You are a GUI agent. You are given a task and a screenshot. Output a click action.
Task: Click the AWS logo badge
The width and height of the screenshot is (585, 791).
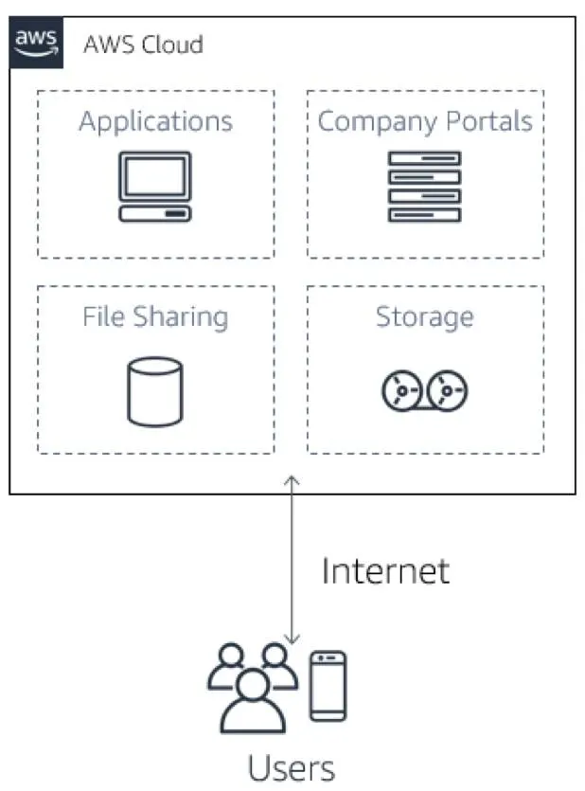[36, 43]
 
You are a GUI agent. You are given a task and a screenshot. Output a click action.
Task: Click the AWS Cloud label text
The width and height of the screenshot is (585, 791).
[143, 44]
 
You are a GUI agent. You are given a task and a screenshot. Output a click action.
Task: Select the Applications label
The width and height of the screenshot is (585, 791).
[155, 121]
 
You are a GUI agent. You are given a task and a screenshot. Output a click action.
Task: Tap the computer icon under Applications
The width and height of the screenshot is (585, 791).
[155, 187]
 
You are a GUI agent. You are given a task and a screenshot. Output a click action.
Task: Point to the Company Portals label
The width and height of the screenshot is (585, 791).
[425, 121]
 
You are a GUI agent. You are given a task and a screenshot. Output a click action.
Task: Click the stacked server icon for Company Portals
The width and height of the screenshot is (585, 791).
[425, 187]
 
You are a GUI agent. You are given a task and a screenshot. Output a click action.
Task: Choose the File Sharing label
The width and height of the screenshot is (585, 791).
[155, 315]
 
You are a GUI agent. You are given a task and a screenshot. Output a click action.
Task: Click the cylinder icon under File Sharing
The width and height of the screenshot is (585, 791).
[155, 389]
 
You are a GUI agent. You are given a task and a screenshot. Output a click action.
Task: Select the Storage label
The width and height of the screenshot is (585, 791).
[425, 315]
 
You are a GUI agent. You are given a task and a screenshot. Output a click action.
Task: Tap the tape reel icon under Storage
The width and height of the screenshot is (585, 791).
[425, 389]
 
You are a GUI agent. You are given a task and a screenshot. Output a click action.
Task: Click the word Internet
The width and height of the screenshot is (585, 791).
[385, 571]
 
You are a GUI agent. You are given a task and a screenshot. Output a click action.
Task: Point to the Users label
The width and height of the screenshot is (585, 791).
[291, 766]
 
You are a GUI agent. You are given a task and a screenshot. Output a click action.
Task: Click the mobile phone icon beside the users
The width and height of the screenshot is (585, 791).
[328, 686]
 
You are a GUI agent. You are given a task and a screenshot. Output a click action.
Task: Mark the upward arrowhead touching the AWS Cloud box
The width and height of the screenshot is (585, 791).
[292, 481]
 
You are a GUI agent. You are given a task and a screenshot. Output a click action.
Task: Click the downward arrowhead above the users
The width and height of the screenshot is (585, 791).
[292, 639]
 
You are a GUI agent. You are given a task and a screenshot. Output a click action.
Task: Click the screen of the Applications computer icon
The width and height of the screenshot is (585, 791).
[155, 177]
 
